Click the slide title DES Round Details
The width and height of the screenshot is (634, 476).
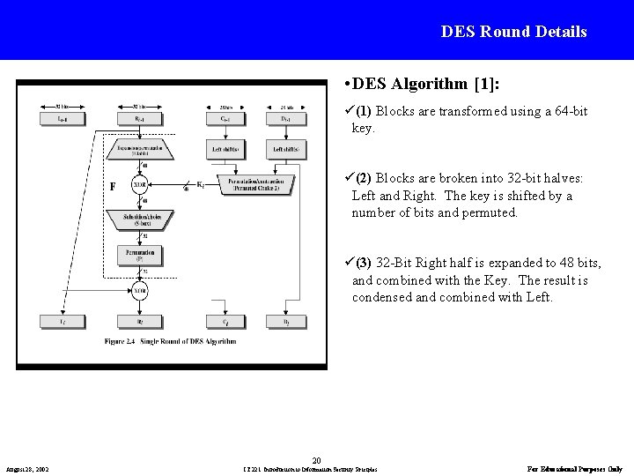click(514, 32)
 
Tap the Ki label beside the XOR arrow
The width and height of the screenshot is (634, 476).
click(201, 184)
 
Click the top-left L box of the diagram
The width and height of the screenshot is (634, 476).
click(59, 118)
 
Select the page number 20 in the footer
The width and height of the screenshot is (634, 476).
click(317, 457)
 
